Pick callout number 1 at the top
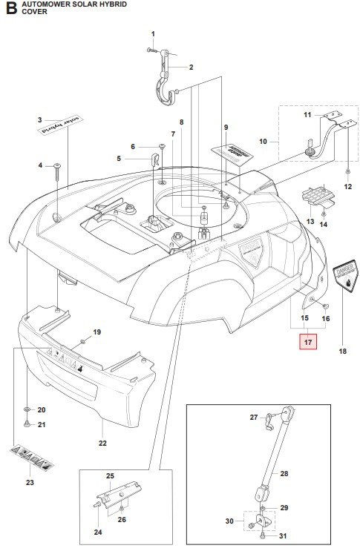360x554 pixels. pyautogui.click(x=153, y=34)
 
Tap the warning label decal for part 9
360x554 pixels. pyautogui.click(x=231, y=153)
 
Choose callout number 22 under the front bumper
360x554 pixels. pyautogui.click(x=102, y=443)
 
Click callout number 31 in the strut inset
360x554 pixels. pyautogui.click(x=283, y=536)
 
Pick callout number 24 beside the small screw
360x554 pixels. pyautogui.click(x=96, y=532)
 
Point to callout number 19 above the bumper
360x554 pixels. pyautogui.click(x=96, y=332)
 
